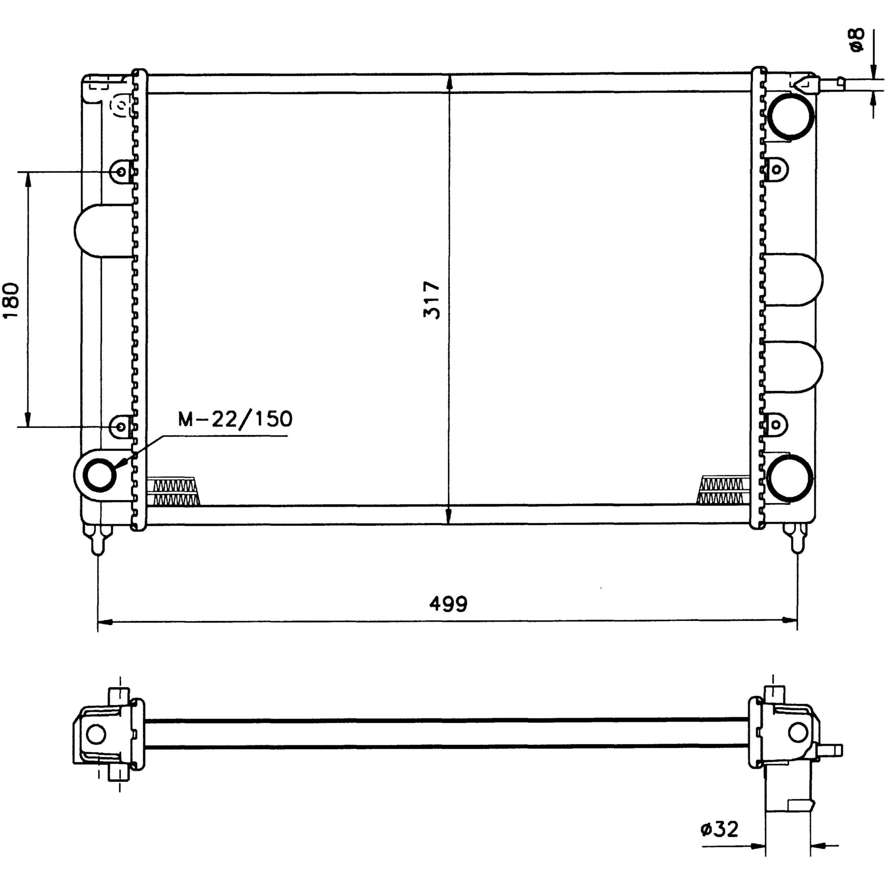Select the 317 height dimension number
pyautogui.click(x=431, y=300)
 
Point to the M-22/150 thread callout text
pyautogui.click(x=235, y=419)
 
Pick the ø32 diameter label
pyautogui.click(x=719, y=842)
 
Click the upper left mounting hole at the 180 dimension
pyautogui.click(x=120, y=172)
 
